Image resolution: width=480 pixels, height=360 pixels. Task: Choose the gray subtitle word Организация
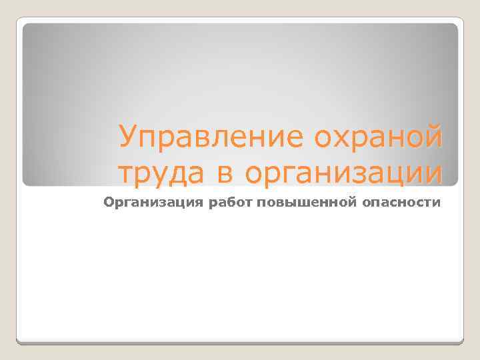[142, 202]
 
